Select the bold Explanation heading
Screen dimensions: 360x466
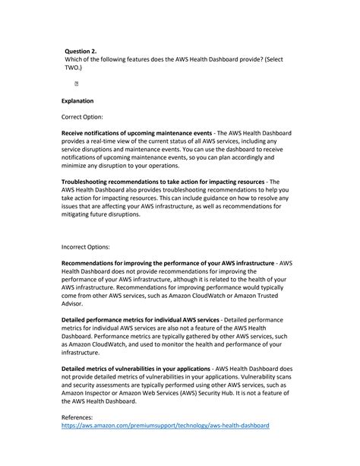(77, 100)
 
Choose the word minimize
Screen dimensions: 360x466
(78, 166)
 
